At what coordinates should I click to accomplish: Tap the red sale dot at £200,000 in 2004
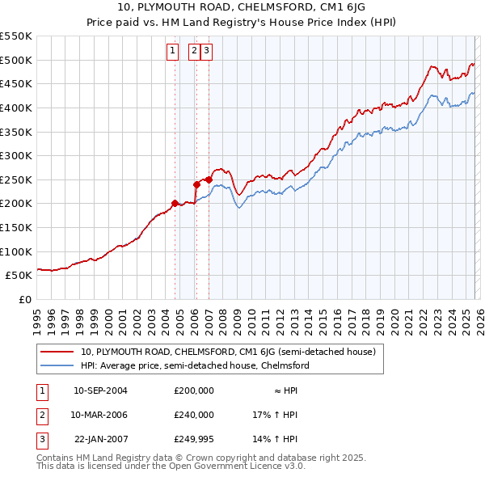pyautogui.click(x=175, y=203)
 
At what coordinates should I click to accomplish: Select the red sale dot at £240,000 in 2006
pyautogui.click(x=196, y=184)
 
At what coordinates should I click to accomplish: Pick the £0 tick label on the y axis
pyautogui.click(x=24, y=299)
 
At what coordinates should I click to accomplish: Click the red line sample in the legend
pyautogui.click(x=58, y=352)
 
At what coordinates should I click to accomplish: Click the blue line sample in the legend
pyautogui.click(x=58, y=365)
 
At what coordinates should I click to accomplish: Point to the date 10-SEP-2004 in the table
pyautogui.click(x=100, y=390)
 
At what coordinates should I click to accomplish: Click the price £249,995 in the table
pyautogui.click(x=194, y=439)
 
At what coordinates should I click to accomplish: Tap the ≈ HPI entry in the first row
pyautogui.click(x=285, y=390)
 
